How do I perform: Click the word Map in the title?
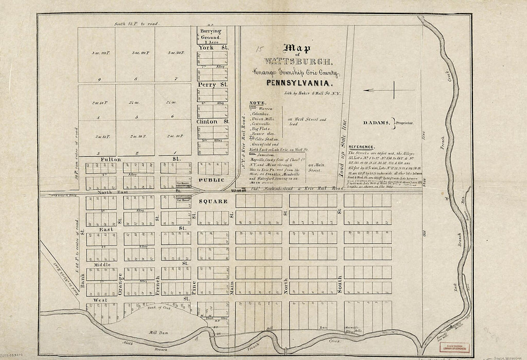(297, 48)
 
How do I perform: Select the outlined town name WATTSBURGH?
(297, 61)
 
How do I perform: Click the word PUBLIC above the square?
(211, 180)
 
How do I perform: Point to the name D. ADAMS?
(377, 123)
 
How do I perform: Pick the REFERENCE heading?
(362, 146)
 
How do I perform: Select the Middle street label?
(102, 264)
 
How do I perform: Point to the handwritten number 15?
(260, 49)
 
